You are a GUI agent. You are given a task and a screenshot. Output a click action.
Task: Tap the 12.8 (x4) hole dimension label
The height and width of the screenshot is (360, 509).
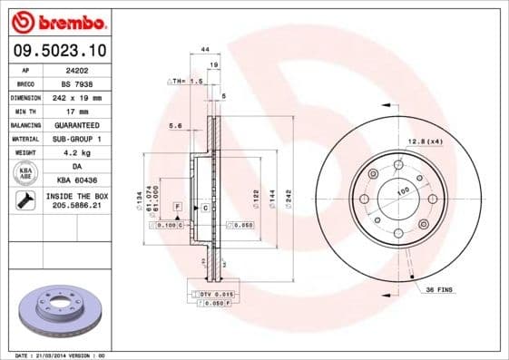[425, 141]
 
